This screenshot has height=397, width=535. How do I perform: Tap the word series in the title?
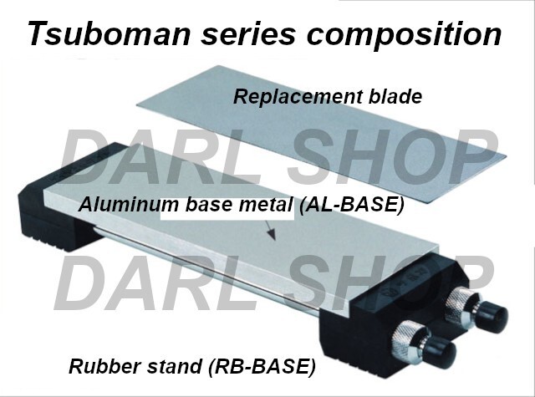(x=247, y=33)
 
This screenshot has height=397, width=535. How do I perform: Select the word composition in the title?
(x=405, y=35)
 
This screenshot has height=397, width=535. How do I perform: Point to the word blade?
(x=395, y=96)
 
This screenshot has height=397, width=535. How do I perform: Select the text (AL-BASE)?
(x=351, y=205)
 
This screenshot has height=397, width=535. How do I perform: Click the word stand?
(x=175, y=366)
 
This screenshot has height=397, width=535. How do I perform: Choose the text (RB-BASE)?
(x=262, y=367)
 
